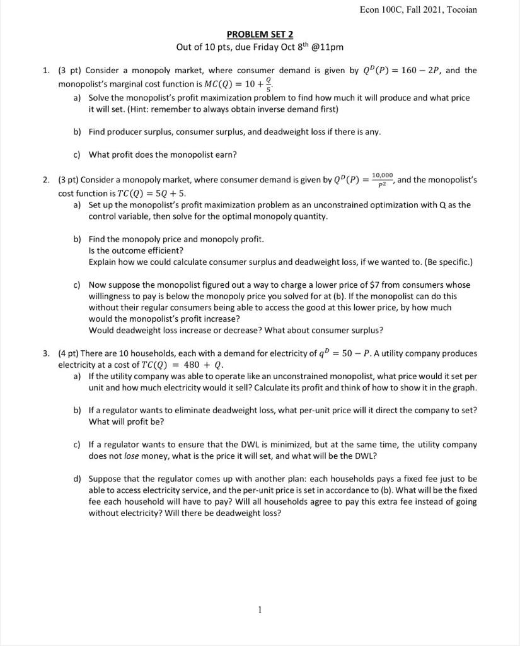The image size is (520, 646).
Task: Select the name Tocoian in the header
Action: [460, 9]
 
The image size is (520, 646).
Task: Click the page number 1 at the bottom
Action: [260, 609]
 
